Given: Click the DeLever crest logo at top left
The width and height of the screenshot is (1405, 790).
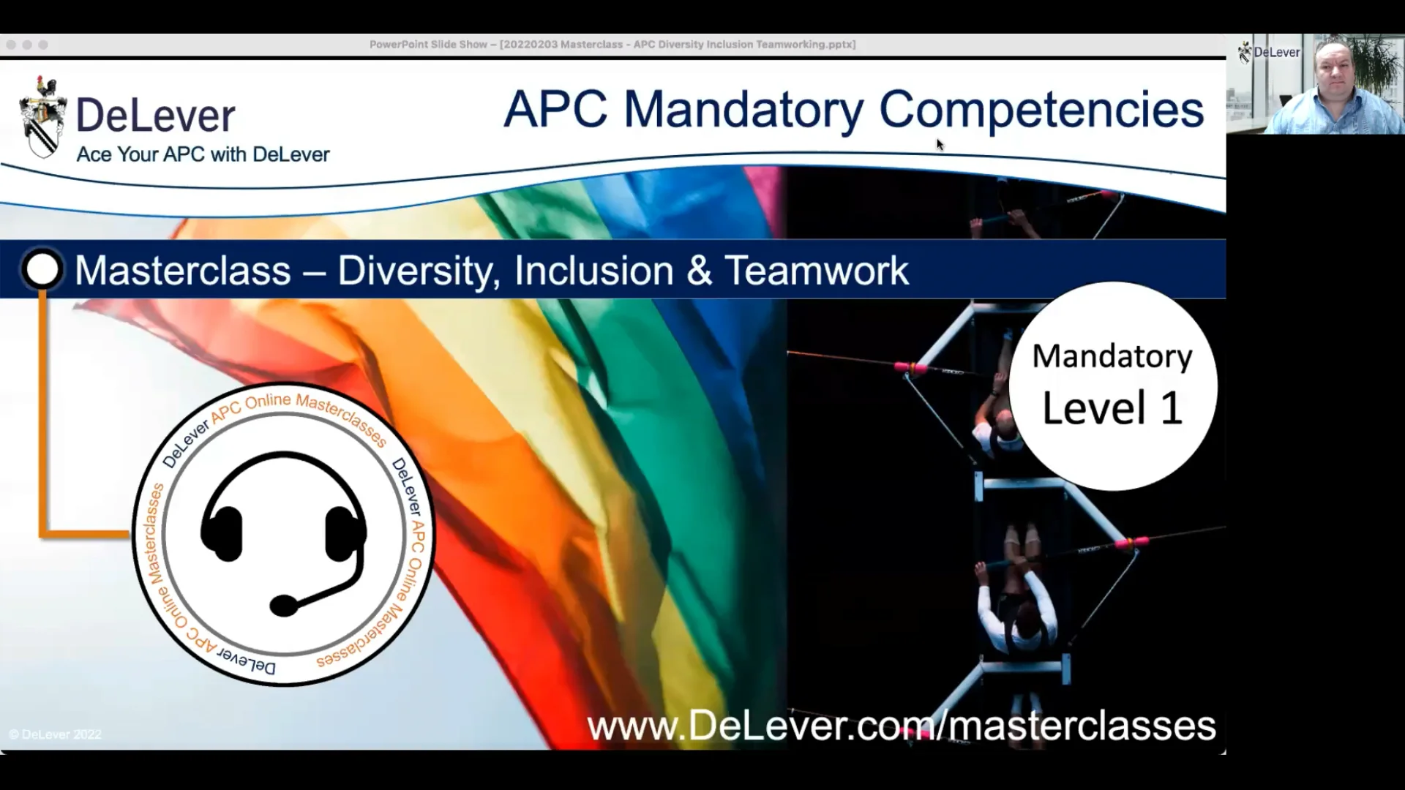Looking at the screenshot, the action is click(43, 117).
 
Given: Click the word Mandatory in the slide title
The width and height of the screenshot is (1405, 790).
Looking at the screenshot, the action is click(743, 110).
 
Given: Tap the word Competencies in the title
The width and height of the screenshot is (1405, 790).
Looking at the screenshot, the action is click(1041, 110).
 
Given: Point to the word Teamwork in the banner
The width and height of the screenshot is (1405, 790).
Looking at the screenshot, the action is click(817, 270).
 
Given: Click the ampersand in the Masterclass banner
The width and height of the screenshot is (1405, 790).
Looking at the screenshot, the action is click(700, 270).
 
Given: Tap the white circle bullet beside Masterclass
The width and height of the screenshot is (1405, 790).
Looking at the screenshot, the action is click(42, 269).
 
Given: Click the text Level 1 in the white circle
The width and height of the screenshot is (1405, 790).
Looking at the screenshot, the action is click(1112, 408).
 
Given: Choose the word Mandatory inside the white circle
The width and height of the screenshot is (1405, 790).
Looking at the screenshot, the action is click(1112, 357).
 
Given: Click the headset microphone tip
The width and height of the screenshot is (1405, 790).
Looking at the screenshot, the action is click(284, 606).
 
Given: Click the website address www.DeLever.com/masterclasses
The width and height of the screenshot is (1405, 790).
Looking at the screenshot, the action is click(902, 726).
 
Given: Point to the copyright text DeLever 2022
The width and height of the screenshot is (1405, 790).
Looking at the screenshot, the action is click(56, 734).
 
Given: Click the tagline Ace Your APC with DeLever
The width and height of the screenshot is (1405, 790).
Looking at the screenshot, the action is click(203, 154).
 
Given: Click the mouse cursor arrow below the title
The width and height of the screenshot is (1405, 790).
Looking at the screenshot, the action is click(940, 145).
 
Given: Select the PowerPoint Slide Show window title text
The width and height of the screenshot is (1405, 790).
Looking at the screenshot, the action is click(612, 45).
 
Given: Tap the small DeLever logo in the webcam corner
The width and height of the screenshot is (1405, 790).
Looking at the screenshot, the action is click(1269, 53).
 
